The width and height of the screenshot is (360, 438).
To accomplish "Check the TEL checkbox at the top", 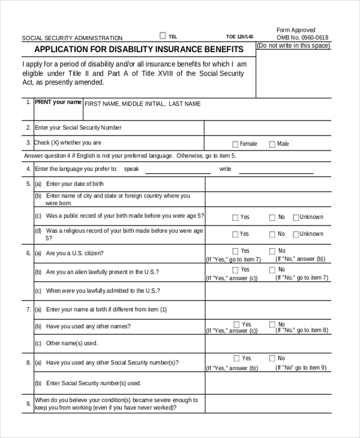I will click(163, 35).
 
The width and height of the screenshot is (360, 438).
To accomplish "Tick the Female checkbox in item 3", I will click(235, 144).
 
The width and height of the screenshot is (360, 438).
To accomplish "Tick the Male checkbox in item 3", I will click(272, 144).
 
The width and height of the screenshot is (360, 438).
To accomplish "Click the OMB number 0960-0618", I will click(302, 38).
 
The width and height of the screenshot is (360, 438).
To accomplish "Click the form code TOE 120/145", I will click(239, 37).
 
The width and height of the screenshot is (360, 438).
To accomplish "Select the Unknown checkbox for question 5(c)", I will click(296, 217).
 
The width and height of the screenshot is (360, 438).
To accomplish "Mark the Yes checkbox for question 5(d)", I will click(235, 234).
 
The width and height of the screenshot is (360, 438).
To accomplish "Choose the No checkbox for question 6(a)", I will click(272, 251).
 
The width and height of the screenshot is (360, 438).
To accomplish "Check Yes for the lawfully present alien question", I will click(235, 270).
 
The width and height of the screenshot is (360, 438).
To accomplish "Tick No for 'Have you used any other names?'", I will click(272, 325).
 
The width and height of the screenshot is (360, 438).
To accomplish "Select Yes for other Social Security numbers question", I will click(235, 358).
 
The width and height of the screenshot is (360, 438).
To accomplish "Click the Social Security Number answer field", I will click(267, 128).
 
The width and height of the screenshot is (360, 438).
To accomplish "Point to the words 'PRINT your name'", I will click(58, 102).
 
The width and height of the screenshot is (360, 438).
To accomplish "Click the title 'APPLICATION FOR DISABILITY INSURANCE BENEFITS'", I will click(139, 49).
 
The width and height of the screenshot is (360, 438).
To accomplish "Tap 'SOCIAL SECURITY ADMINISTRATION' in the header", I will click(72, 38).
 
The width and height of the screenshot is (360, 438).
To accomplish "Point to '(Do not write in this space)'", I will click(293, 46).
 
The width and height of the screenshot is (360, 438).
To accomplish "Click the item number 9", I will click(28, 404).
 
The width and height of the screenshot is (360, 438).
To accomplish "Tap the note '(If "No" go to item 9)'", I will click(301, 367).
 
